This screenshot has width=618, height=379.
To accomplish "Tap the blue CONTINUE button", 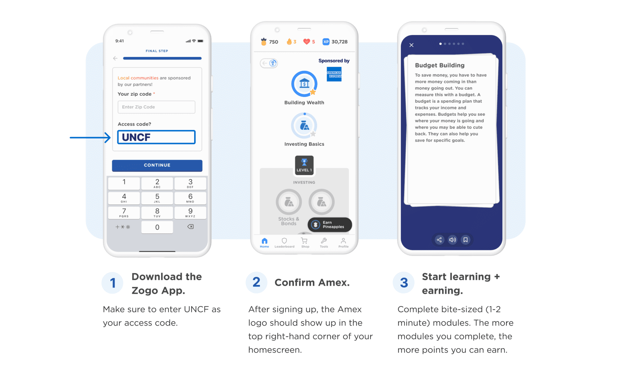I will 157,165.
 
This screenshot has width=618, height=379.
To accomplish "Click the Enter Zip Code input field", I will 156,107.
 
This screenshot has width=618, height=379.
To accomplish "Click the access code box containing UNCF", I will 156,137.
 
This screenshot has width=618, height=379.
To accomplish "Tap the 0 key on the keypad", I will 157,227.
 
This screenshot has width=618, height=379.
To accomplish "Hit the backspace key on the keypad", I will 190,227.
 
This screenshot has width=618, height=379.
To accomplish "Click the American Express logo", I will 334,74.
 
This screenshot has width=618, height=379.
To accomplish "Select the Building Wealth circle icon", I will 304,84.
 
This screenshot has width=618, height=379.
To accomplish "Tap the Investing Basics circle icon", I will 304,126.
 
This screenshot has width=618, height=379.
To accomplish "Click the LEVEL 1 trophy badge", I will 304,165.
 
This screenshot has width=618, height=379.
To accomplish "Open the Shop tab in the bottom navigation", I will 304,242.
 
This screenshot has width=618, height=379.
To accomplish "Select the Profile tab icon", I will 343,242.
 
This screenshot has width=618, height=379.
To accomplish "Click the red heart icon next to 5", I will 306,42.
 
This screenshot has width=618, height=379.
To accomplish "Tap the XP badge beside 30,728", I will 326,42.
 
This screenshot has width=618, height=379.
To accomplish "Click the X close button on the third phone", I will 411,45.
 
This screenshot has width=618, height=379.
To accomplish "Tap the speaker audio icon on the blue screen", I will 452,240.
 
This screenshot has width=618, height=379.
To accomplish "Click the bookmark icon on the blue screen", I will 465,240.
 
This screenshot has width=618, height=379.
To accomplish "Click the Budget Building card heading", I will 439,65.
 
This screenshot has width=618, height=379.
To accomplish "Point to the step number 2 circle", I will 256,282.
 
